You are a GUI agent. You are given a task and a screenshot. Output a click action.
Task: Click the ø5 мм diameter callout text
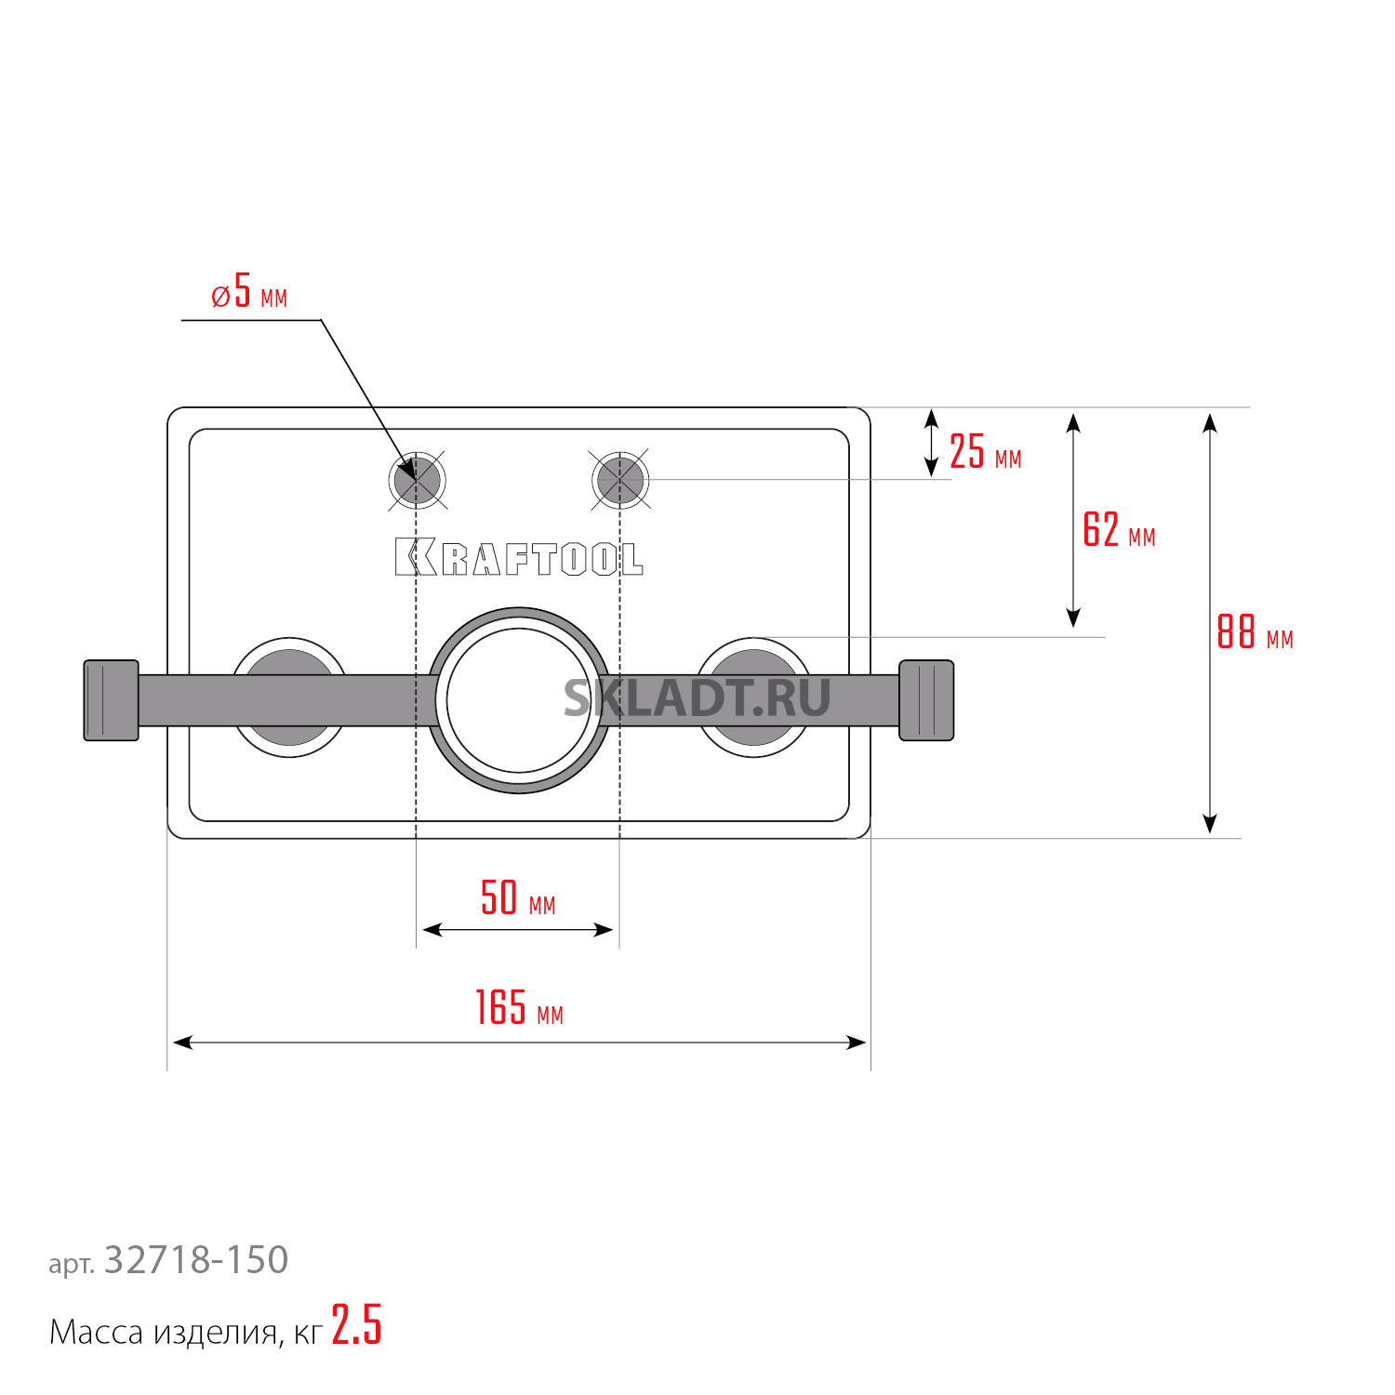tap(249, 291)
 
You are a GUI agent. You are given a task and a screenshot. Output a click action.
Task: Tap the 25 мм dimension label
tap(986, 452)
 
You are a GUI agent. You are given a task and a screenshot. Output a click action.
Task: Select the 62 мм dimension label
tap(1119, 530)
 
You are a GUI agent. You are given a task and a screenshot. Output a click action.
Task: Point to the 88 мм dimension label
tap(1255, 632)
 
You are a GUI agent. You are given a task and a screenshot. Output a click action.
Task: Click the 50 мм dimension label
tap(518, 898)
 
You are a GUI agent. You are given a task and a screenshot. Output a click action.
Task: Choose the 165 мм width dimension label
tap(519, 1008)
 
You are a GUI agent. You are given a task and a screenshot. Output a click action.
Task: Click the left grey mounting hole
tap(417, 480)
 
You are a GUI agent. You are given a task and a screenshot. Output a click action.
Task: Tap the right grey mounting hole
tap(620, 480)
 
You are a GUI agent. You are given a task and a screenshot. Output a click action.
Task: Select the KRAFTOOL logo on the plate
tap(519, 557)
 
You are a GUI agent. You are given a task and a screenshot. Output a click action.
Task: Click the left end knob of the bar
tap(112, 700)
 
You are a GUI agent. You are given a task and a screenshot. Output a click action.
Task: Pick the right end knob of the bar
tap(926, 700)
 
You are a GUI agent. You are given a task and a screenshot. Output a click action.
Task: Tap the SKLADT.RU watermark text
tap(697, 697)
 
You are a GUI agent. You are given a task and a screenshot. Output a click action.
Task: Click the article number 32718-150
tap(196, 1260)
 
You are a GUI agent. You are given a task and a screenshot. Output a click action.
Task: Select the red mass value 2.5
tap(356, 1324)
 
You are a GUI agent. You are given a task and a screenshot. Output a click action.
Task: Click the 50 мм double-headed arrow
tap(518, 929)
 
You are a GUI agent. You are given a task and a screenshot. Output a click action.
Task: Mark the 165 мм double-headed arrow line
tap(520, 1043)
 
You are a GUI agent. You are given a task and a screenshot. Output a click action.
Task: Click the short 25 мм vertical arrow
tap(932, 444)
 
